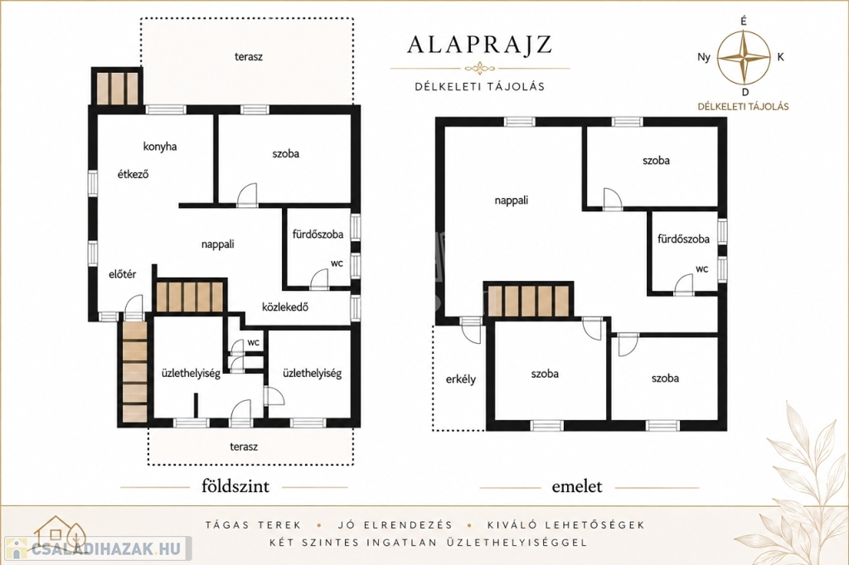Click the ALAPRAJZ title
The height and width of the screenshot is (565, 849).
480,45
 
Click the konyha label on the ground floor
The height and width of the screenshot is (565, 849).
160,146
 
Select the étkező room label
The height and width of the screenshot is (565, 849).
133,174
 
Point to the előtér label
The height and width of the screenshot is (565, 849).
123,274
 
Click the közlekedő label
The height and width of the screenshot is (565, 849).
285,307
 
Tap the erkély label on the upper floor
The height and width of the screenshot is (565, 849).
461,379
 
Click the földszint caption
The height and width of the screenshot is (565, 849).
235,486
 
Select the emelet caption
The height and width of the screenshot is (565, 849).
577,486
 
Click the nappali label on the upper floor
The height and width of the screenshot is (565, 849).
511,200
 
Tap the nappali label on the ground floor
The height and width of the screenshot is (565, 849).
218,244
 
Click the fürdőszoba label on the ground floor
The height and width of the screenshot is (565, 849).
318,234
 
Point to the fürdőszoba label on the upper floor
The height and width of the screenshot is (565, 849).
683,239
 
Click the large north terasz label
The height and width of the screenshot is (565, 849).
249,56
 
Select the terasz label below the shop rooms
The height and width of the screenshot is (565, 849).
244,447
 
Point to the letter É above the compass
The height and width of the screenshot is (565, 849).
744,21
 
